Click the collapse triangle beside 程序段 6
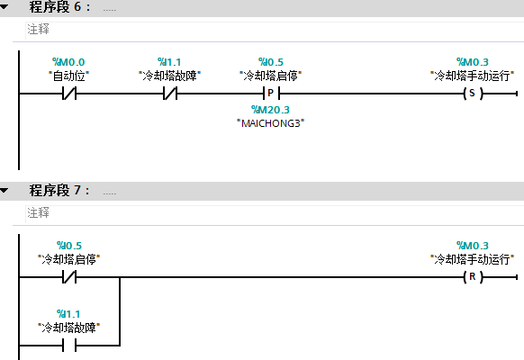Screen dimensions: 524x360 click(x=4, y=6)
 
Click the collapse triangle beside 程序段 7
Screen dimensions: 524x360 click(x=4, y=191)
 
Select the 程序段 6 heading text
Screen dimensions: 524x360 click(x=59, y=6)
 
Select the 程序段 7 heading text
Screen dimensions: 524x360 click(x=59, y=191)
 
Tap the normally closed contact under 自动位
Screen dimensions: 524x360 click(x=69, y=94)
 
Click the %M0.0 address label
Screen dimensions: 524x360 click(x=68, y=62)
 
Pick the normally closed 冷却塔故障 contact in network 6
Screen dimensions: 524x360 click(x=170, y=94)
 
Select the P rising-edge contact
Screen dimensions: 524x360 click(x=271, y=94)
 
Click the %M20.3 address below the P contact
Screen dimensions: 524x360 click(x=270, y=110)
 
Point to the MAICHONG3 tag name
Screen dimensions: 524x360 click(x=271, y=123)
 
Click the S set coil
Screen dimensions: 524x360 click(x=473, y=94)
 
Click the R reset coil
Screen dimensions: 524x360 click(x=473, y=277)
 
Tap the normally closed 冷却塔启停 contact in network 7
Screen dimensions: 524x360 click(x=69, y=277)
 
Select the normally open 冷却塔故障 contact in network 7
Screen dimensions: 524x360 click(x=69, y=345)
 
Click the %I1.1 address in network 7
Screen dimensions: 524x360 click(x=68, y=314)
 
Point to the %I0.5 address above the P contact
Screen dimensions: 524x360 click(x=271, y=62)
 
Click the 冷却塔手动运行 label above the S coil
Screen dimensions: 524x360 click(x=472, y=76)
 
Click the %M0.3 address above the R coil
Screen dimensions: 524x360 click(x=472, y=246)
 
